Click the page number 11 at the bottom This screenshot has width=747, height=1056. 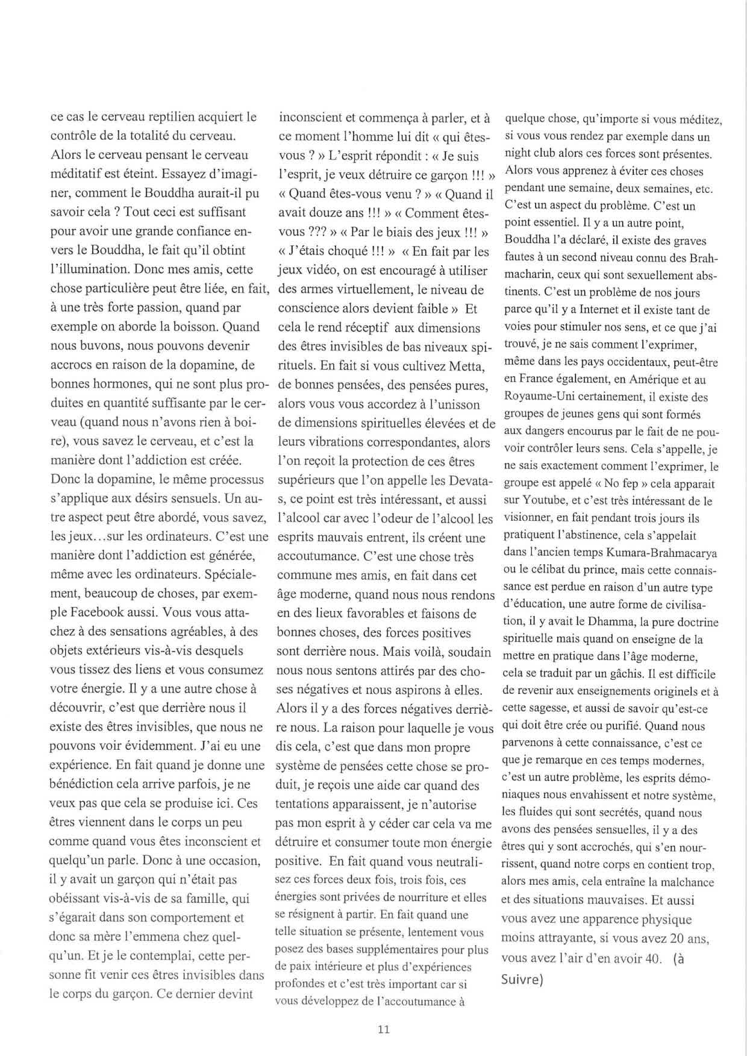coord(383,1029)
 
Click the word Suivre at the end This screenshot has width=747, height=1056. coord(522,979)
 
